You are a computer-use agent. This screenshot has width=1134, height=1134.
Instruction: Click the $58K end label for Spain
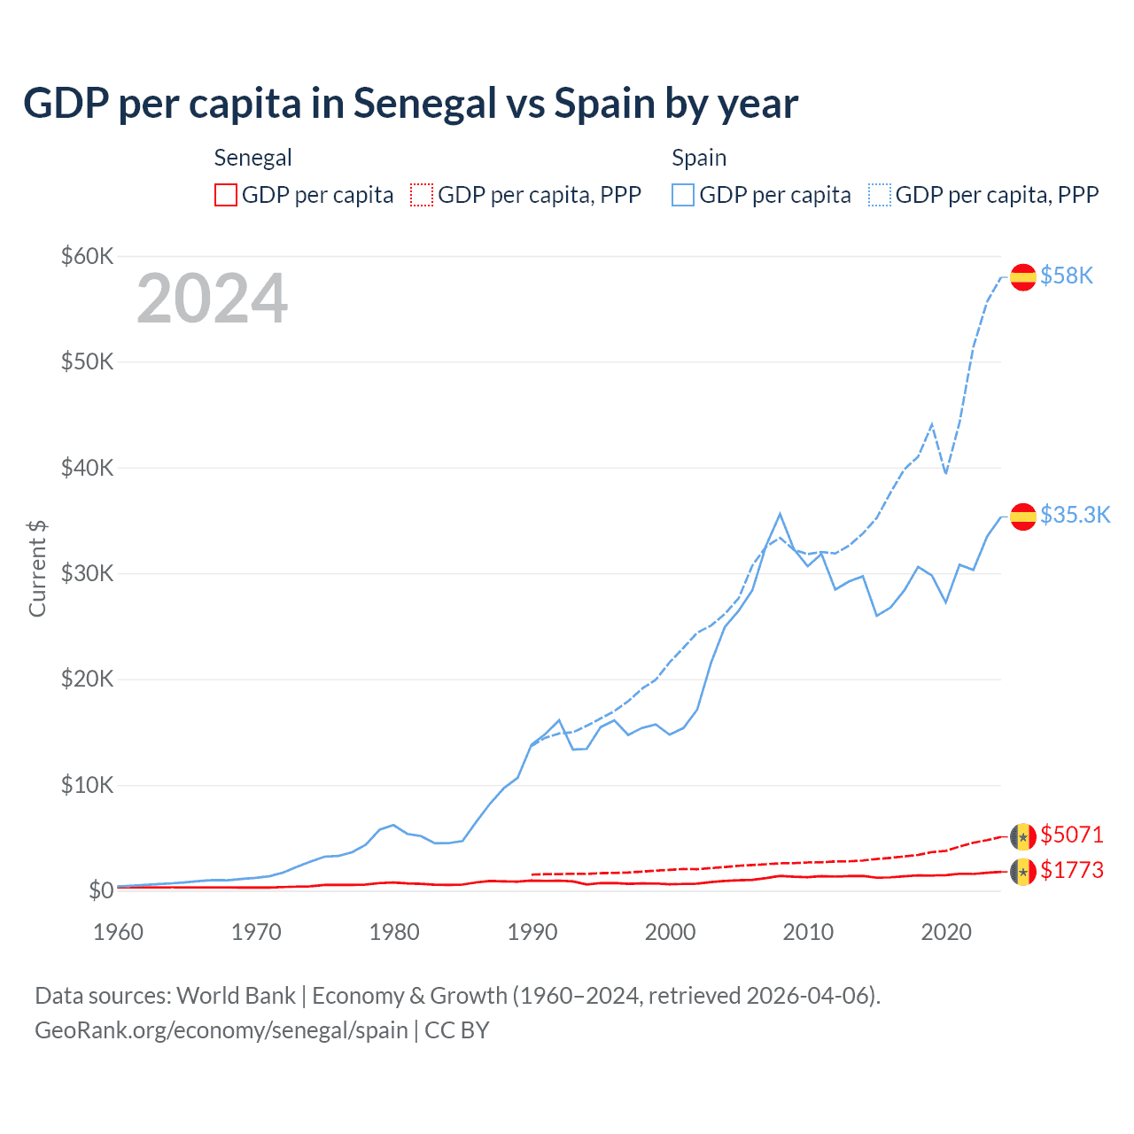[1067, 276]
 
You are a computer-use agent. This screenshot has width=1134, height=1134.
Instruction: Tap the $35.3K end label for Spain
[1075, 515]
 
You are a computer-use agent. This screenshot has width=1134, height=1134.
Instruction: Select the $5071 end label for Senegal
[1072, 835]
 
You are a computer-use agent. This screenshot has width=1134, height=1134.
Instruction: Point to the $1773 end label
[1072, 870]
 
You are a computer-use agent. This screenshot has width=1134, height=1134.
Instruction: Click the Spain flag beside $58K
[1023, 276]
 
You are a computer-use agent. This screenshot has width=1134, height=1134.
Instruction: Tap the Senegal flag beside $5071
[1023, 835]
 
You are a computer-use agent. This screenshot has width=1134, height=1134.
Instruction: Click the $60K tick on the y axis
[87, 256]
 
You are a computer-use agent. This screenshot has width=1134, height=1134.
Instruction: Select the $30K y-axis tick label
[87, 573]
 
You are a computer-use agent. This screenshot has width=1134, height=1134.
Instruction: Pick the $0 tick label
[100, 890]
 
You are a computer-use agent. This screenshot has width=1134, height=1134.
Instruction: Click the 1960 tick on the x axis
[119, 932]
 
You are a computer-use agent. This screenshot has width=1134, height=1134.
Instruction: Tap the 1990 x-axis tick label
[532, 932]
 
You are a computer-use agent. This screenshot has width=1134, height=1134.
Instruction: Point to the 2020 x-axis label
[946, 932]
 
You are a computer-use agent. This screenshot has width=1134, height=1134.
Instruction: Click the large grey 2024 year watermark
[212, 299]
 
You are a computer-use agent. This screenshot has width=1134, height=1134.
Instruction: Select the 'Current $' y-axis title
[37, 568]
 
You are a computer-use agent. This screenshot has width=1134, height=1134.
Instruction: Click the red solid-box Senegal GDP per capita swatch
[226, 195]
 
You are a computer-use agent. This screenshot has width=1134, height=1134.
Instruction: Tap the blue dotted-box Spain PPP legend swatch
[880, 195]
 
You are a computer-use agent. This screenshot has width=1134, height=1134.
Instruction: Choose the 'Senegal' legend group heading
[252, 158]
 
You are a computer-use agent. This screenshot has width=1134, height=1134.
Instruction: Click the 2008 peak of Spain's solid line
[780, 514]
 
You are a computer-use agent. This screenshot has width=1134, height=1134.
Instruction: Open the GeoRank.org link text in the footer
[221, 1030]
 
